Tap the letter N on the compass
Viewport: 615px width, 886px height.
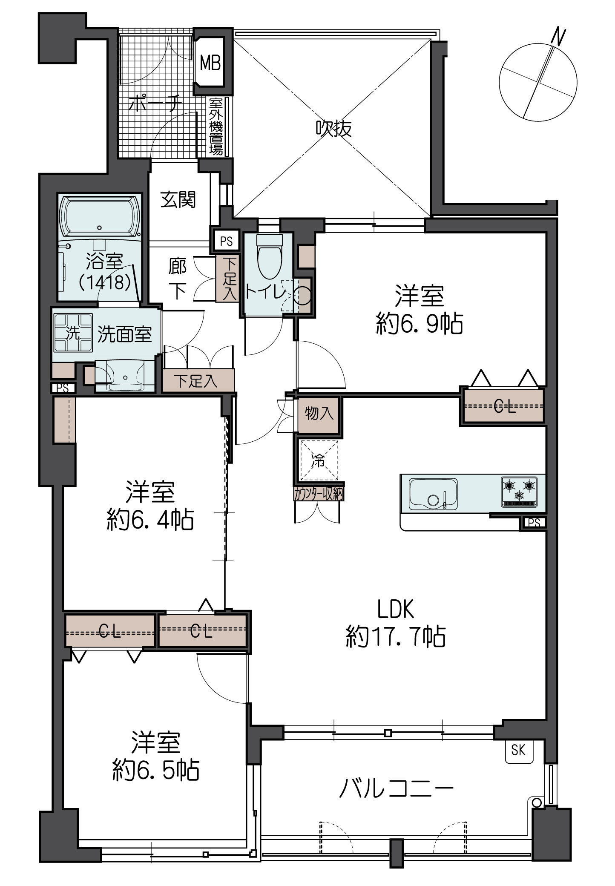(558, 36)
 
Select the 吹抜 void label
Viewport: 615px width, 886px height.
(334, 128)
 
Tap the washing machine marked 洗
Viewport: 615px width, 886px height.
(73, 333)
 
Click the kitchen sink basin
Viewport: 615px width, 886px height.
(433, 494)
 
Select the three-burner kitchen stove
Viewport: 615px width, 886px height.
(519, 492)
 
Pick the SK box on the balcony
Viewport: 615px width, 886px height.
(518, 750)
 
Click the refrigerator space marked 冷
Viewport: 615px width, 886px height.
(319, 460)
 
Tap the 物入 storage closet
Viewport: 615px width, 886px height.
(318, 413)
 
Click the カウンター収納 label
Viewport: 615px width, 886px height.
(319, 494)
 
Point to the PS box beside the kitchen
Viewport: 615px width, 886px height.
(534, 523)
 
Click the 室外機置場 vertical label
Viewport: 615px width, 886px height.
(216, 127)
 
